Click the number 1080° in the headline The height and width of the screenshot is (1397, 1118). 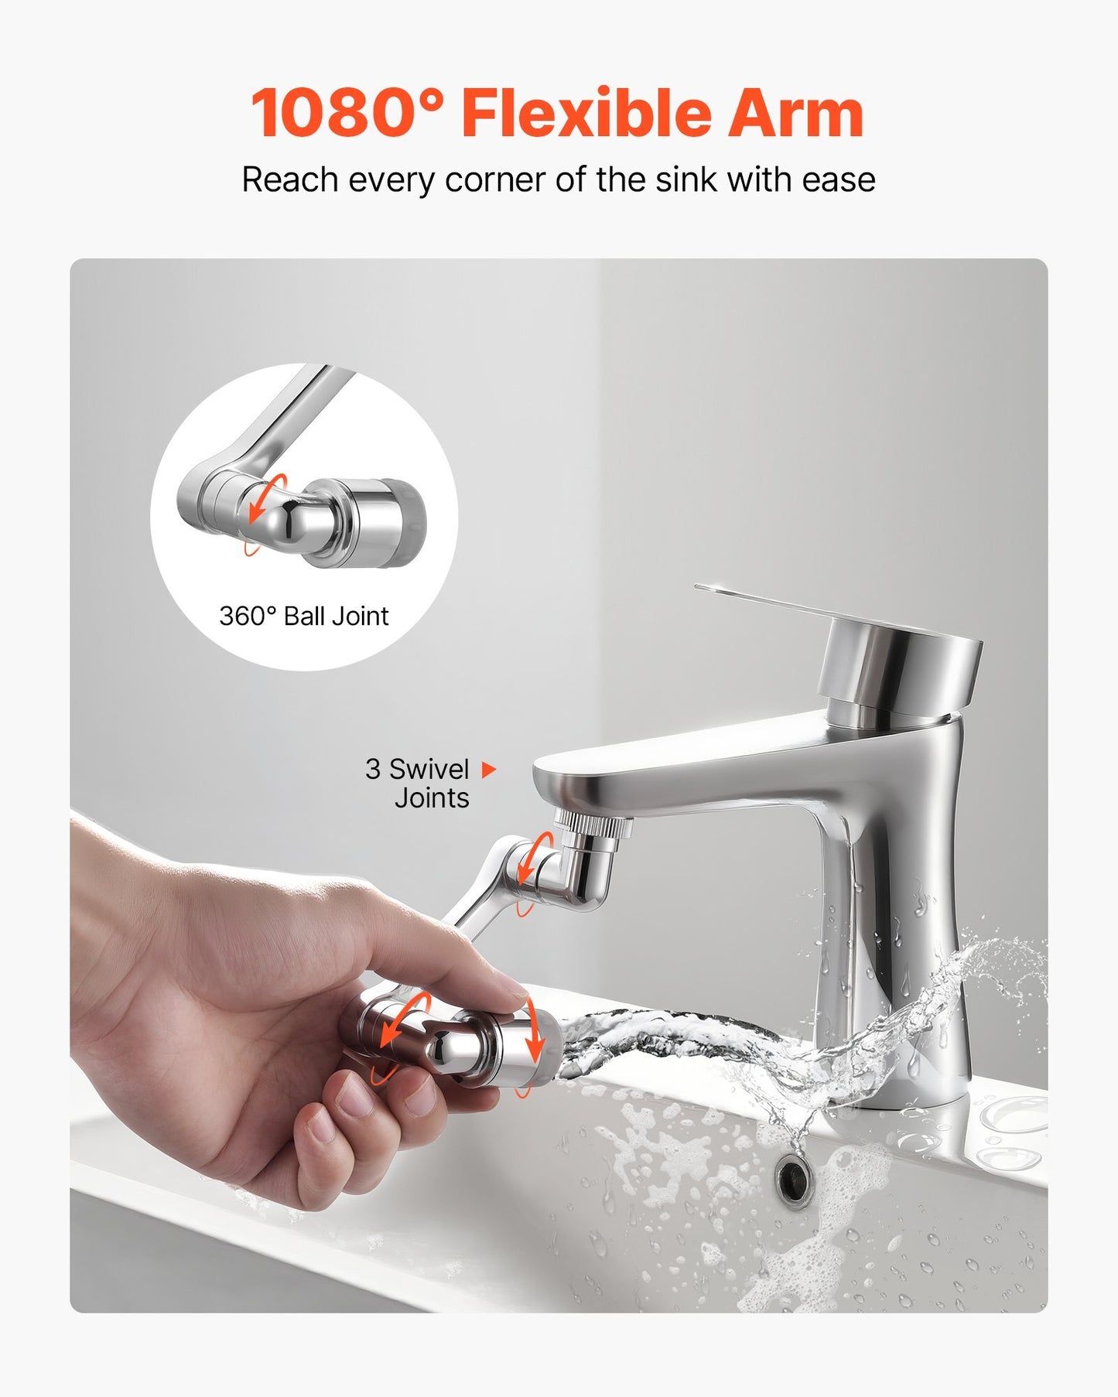(x=347, y=114)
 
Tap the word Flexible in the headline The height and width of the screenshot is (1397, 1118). (x=586, y=114)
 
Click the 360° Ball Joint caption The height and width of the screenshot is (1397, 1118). (x=303, y=616)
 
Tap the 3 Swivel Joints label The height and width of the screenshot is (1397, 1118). (x=418, y=783)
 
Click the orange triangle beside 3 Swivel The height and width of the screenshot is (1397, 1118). (x=488, y=770)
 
